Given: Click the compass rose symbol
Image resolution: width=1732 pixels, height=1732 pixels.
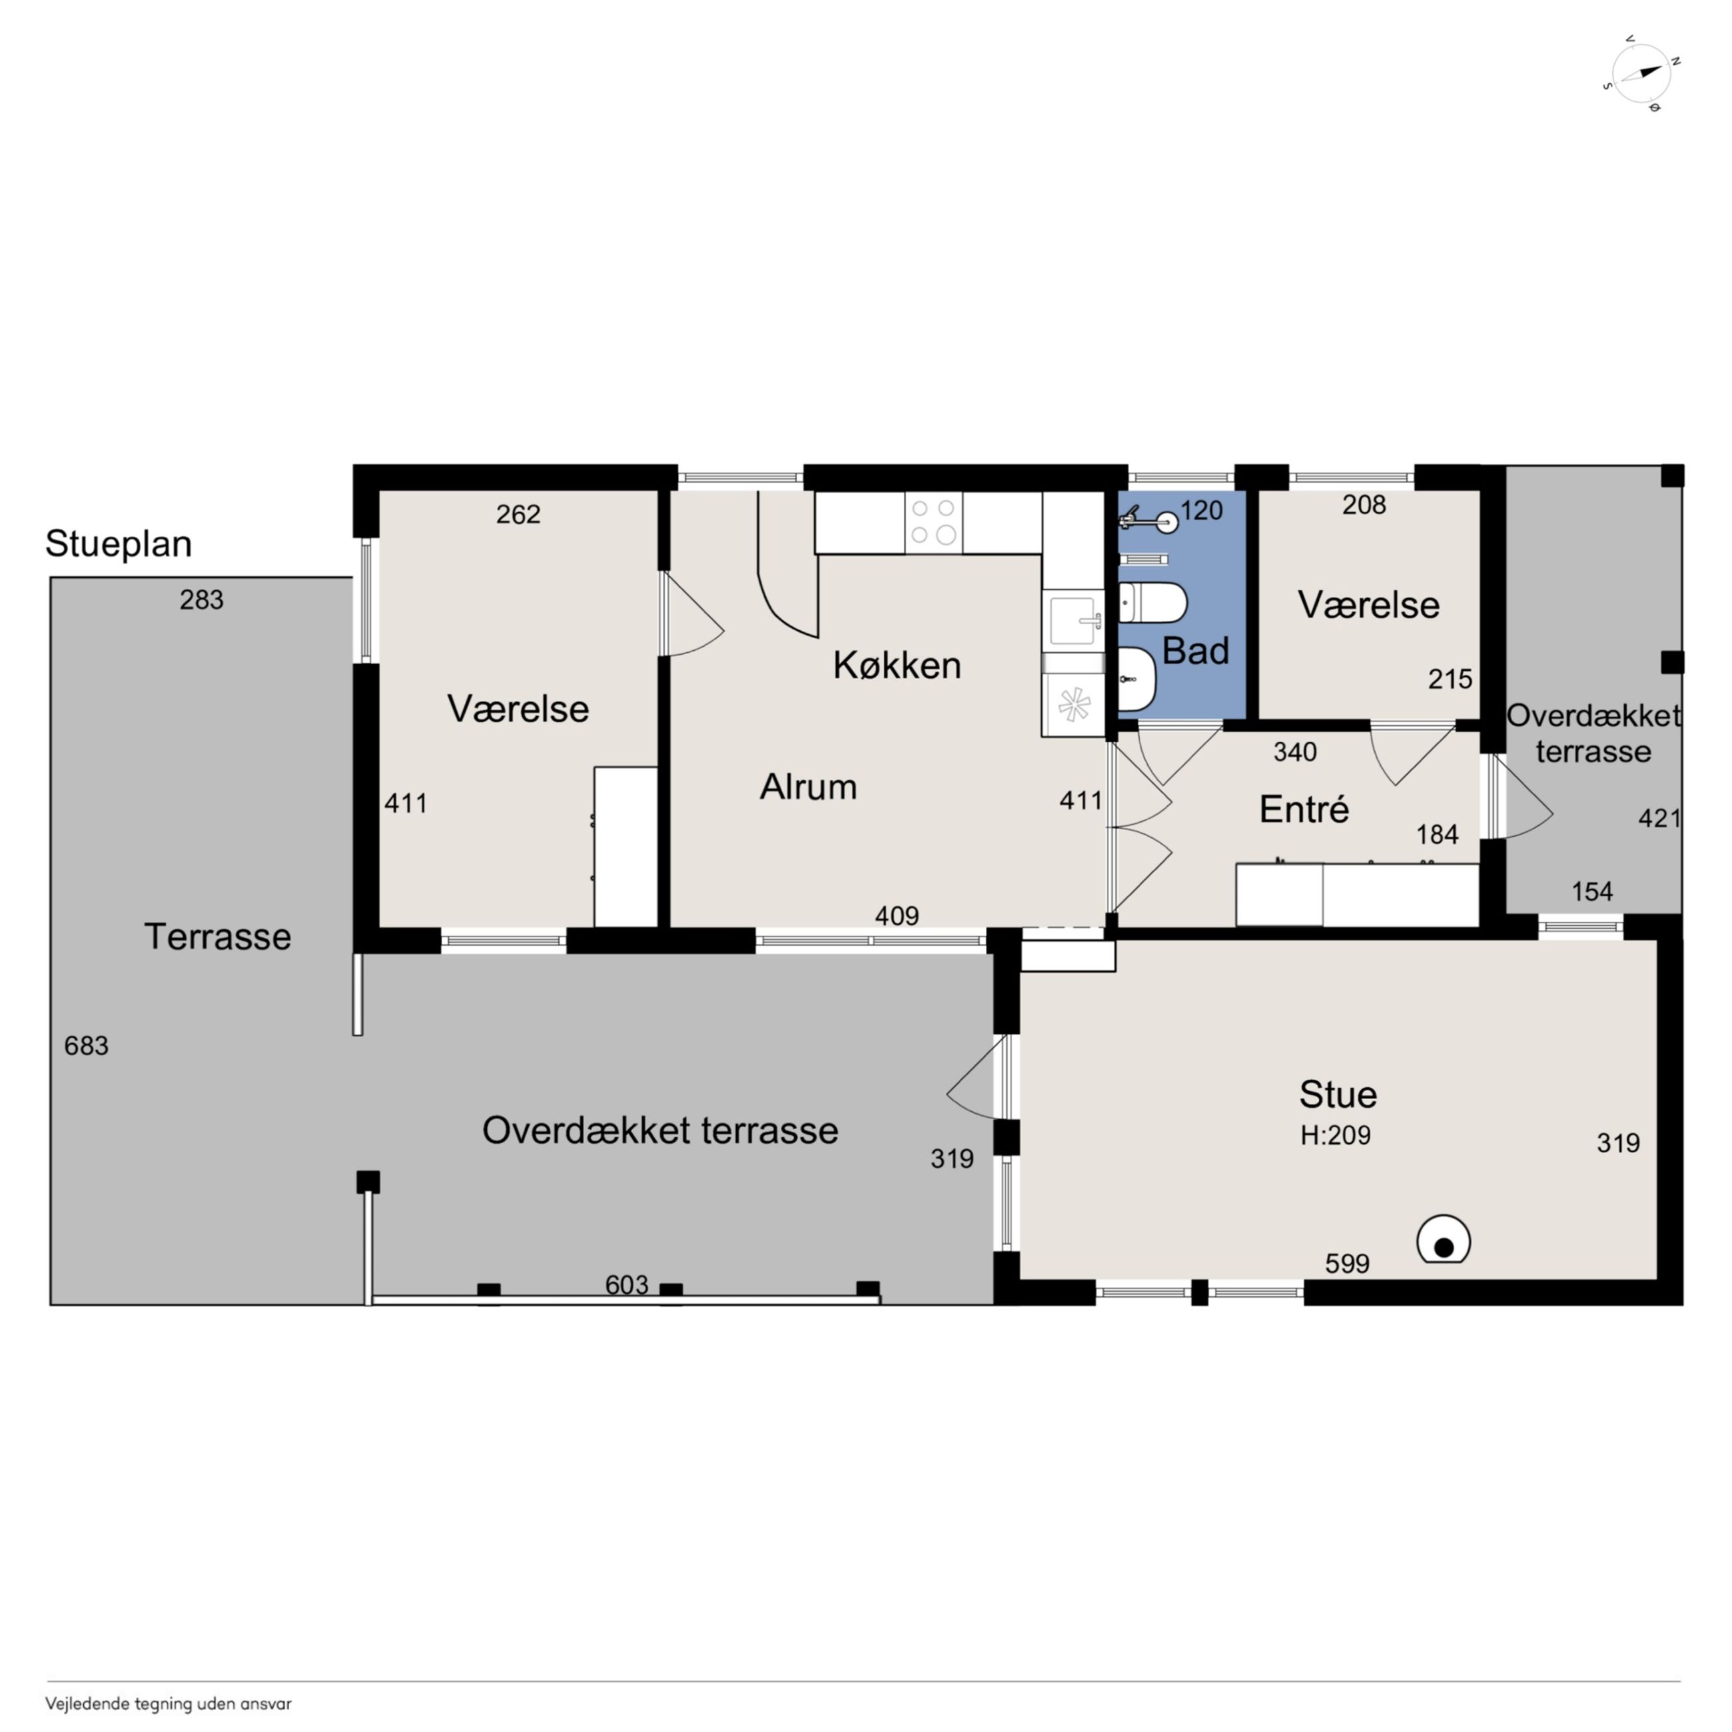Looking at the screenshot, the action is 1641,73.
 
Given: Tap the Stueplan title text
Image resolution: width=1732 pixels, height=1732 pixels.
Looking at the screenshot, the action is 119,544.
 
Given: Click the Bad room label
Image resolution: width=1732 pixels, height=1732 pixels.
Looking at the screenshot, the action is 1195,651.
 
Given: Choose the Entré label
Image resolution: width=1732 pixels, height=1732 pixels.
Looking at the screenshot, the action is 1304,809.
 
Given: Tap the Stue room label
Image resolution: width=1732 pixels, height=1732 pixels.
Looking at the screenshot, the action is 1338,1094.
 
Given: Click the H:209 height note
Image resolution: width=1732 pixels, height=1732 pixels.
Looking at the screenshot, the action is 1335,1136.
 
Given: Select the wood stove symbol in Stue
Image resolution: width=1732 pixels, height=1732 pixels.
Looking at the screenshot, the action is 1444,1239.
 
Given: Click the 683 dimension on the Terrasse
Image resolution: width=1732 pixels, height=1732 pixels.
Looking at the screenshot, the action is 86,1045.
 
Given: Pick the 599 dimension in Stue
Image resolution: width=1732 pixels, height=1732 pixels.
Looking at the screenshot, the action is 1348,1263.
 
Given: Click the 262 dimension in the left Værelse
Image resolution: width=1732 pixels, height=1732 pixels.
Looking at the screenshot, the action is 518,514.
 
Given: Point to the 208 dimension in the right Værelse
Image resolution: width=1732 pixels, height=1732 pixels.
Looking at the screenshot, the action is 1364,505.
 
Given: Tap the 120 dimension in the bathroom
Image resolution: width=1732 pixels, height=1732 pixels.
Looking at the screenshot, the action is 1201,510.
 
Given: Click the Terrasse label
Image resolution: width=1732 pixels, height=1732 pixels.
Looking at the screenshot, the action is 218,936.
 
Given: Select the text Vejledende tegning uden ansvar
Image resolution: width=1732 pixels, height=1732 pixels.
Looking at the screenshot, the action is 169,1703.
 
